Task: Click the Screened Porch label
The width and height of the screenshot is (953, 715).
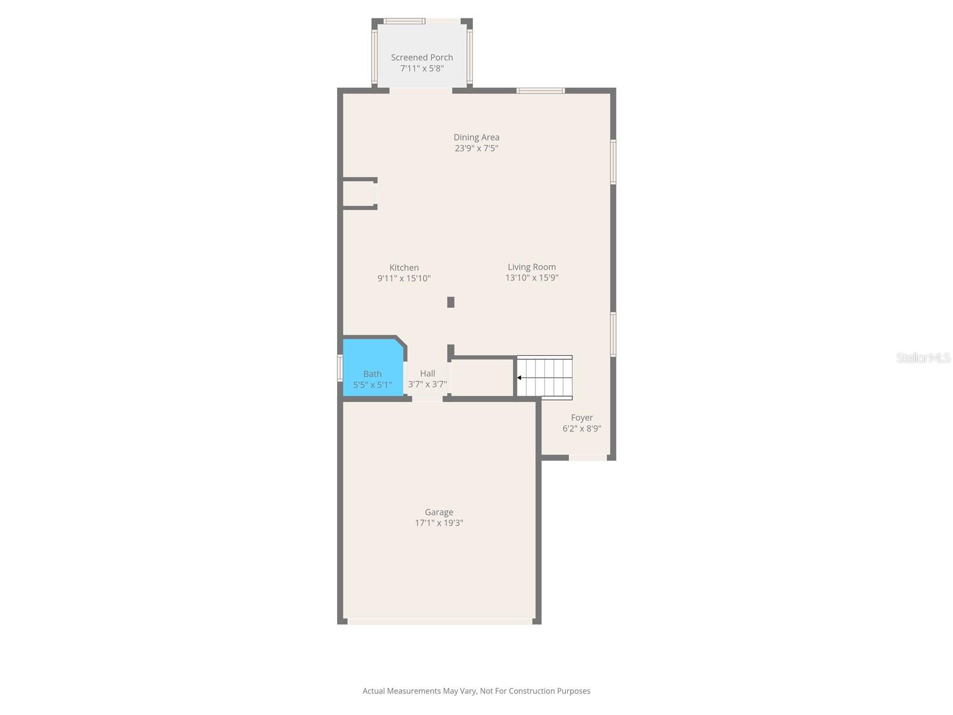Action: (x=422, y=57)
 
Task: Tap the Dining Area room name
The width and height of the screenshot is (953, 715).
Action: (x=476, y=137)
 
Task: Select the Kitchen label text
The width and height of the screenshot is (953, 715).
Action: (x=404, y=268)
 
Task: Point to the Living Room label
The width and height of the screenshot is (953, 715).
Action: (x=531, y=267)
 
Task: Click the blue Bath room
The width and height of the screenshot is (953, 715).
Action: (x=372, y=367)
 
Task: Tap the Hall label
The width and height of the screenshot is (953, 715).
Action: (x=427, y=374)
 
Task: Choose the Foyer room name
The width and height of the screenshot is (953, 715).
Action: (x=582, y=418)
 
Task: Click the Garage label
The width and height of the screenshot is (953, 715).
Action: (x=439, y=512)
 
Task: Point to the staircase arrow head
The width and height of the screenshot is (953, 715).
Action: (x=519, y=378)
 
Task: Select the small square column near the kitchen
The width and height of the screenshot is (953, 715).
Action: (x=451, y=302)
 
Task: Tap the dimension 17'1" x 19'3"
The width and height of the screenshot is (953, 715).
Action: (x=439, y=523)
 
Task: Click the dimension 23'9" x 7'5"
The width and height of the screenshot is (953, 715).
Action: (x=476, y=148)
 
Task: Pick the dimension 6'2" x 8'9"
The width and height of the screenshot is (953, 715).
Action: (x=582, y=428)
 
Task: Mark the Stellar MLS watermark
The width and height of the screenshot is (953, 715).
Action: (x=923, y=357)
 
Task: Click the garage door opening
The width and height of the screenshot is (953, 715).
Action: (x=440, y=621)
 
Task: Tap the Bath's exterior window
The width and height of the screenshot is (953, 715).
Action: (x=340, y=368)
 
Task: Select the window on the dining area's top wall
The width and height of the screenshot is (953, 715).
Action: (x=541, y=91)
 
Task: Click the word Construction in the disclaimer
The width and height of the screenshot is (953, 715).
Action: (x=531, y=691)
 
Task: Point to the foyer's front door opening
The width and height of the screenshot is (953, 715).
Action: (x=588, y=458)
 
